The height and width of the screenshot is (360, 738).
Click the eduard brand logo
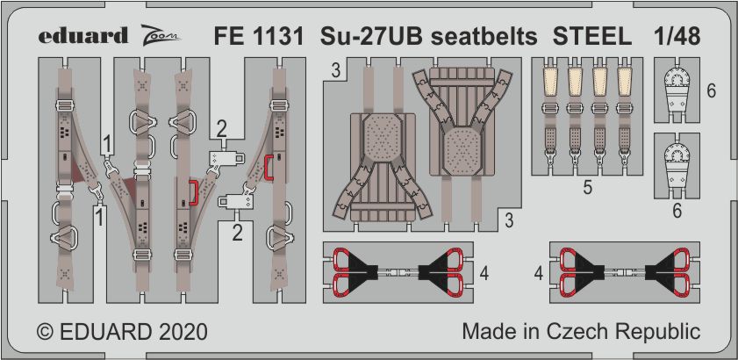coord(82,36)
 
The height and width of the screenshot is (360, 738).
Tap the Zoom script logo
coord(160,36)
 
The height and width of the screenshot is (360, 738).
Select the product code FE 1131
coord(259,37)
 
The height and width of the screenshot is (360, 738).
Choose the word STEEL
coord(592,37)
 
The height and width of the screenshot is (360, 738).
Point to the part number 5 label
coord(587,188)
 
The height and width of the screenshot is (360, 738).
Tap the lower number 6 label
coord(677,210)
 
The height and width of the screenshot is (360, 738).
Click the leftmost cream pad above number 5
coord(550,82)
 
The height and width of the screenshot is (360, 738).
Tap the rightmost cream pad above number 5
coord(625,82)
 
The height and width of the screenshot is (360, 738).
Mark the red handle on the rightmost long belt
coord(269,168)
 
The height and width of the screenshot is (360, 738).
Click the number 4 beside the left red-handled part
coord(484,273)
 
